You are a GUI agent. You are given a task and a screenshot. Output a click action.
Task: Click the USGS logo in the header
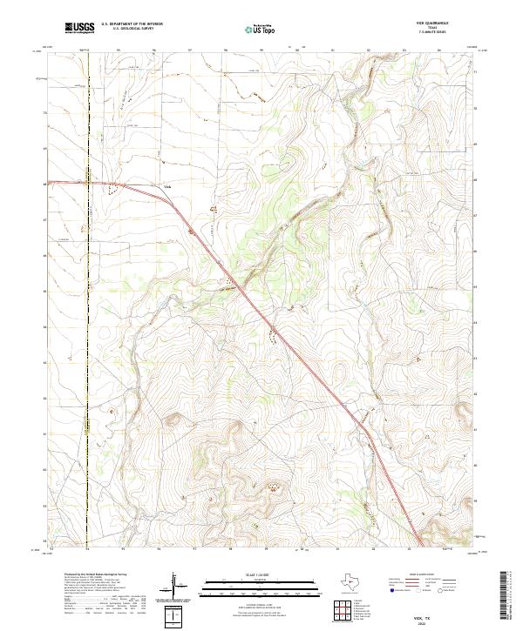tap(79, 29)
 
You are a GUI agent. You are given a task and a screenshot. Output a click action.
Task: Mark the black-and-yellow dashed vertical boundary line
tap(87, 348)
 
